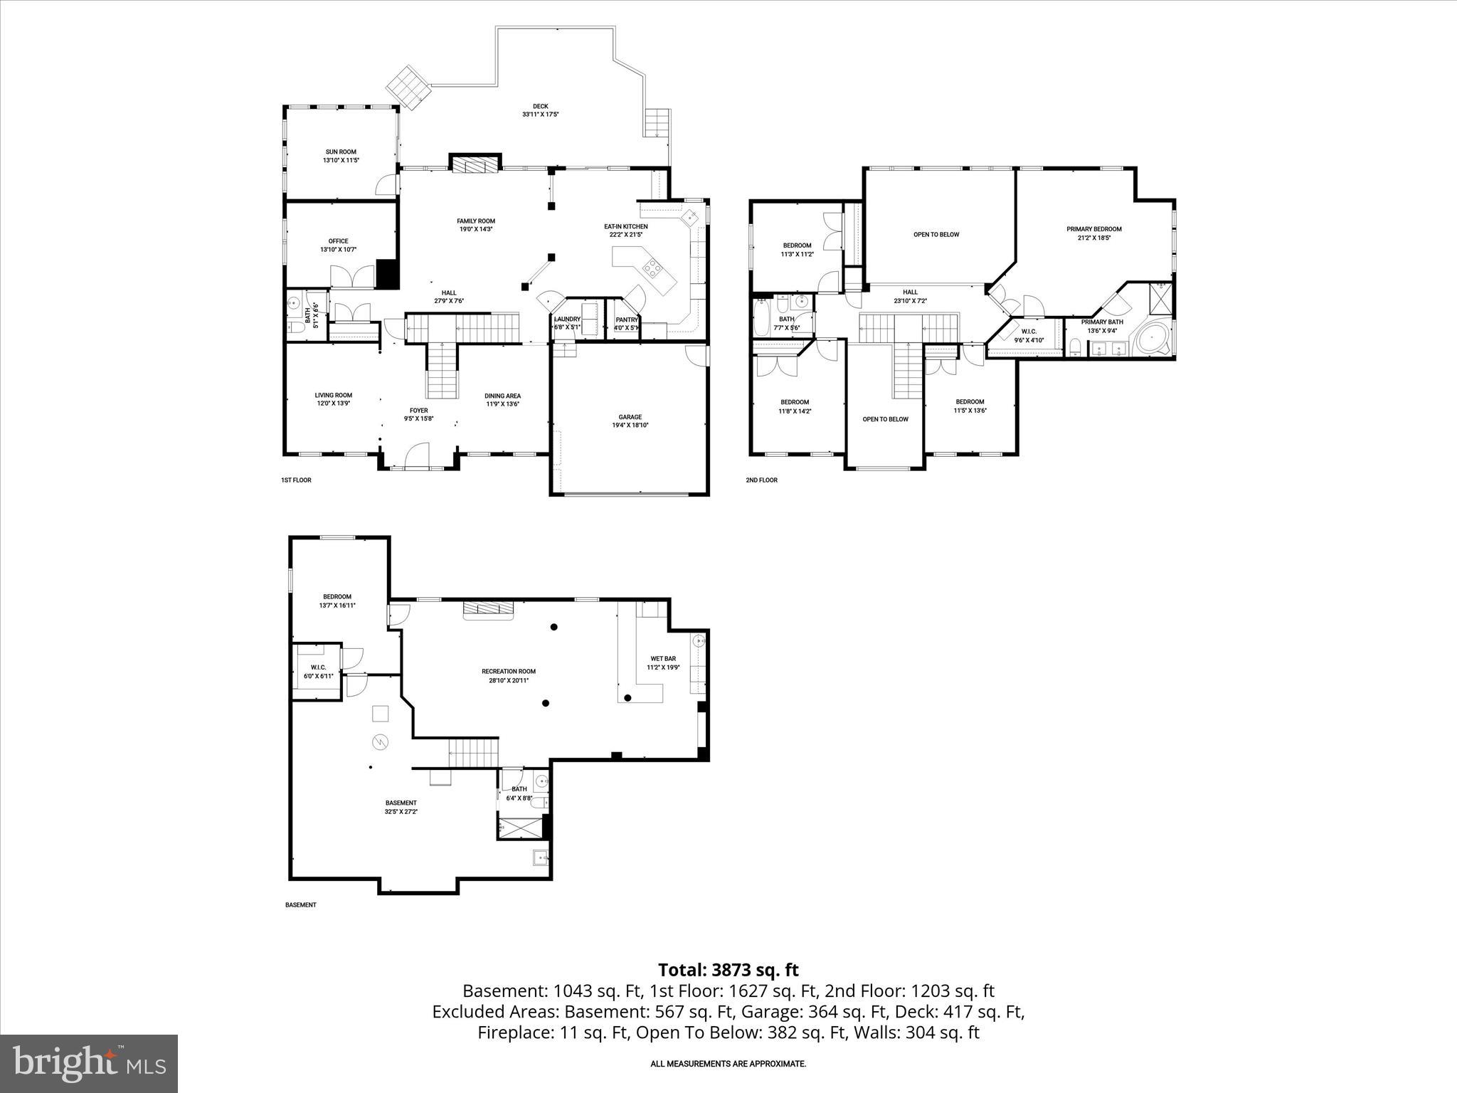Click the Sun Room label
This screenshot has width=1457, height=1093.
click(341, 152)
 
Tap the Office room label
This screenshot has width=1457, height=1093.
click(338, 241)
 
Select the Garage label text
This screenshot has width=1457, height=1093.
click(630, 417)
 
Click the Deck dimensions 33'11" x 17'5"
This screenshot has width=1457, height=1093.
click(540, 115)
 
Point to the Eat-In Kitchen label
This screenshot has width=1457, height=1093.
click(626, 226)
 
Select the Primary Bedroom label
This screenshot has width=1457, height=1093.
click(1093, 229)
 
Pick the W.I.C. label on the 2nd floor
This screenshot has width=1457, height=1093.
click(1029, 332)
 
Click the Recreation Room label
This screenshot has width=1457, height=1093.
click(508, 671)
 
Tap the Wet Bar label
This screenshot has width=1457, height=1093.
click(663, 658)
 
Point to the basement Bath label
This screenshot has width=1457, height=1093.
click(519, 788)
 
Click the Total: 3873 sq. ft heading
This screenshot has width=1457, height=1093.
click(728, 970)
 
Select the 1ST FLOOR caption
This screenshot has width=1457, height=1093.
click(296, 480)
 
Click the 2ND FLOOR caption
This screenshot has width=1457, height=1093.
click(761, 480)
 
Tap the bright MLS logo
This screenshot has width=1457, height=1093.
click(89, 1063)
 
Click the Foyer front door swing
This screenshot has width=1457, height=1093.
click(417, 455)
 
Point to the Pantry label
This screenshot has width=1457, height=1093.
click(626, 320)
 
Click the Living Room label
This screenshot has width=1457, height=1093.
click(334, 396)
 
